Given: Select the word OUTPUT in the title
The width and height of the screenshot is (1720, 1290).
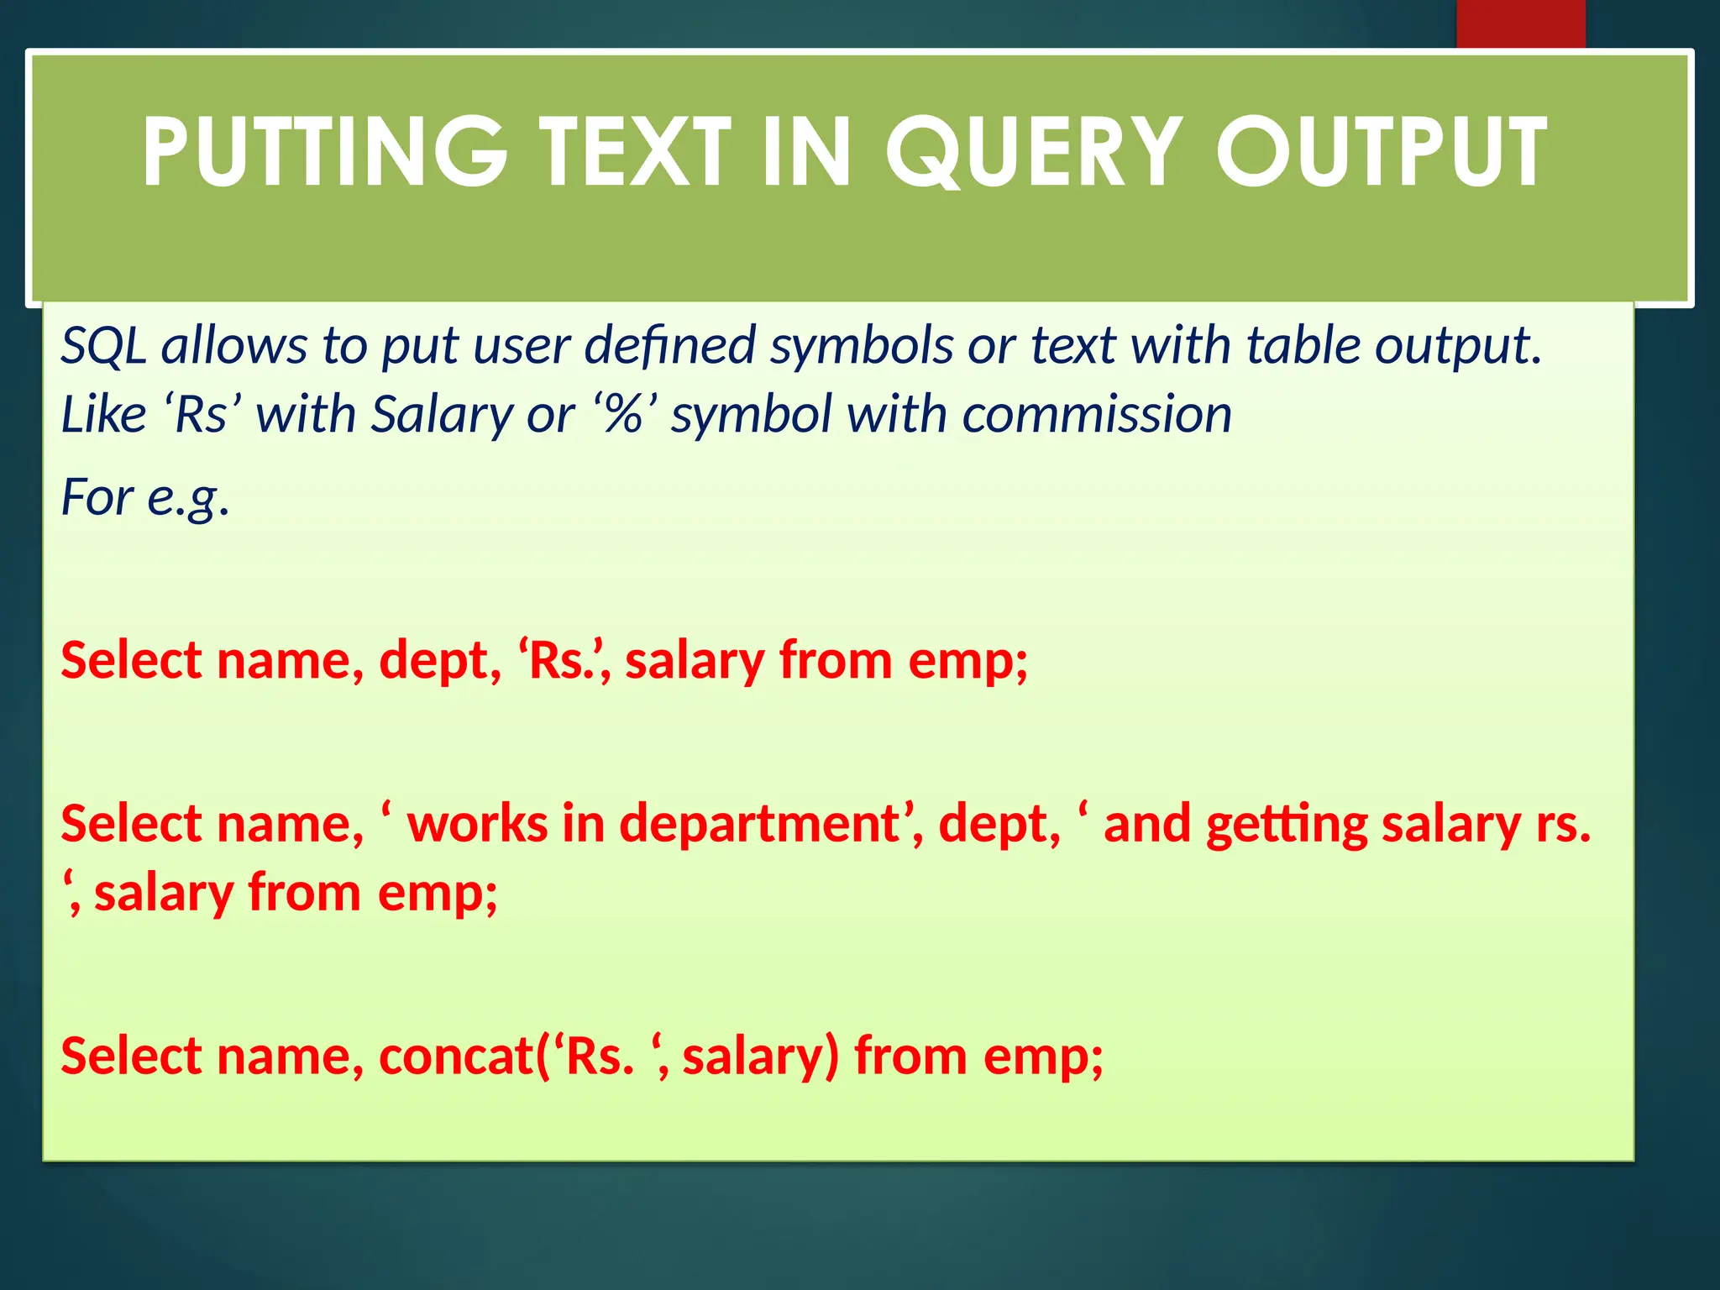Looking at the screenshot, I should click(x=1381, y=153).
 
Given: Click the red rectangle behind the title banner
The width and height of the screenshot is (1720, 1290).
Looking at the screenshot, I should click(x=1520, y=24).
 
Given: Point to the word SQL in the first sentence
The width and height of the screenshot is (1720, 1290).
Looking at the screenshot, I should click(x=102, y=346).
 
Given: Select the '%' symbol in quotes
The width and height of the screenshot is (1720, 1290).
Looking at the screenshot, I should click(x=623, y=415).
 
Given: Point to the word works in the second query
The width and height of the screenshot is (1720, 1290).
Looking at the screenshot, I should click(x=477, y=824).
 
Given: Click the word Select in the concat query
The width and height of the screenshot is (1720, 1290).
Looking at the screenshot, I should click(x=131, y=1057).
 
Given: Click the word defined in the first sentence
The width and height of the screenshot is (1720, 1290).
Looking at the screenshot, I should click(x=669, y=346).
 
